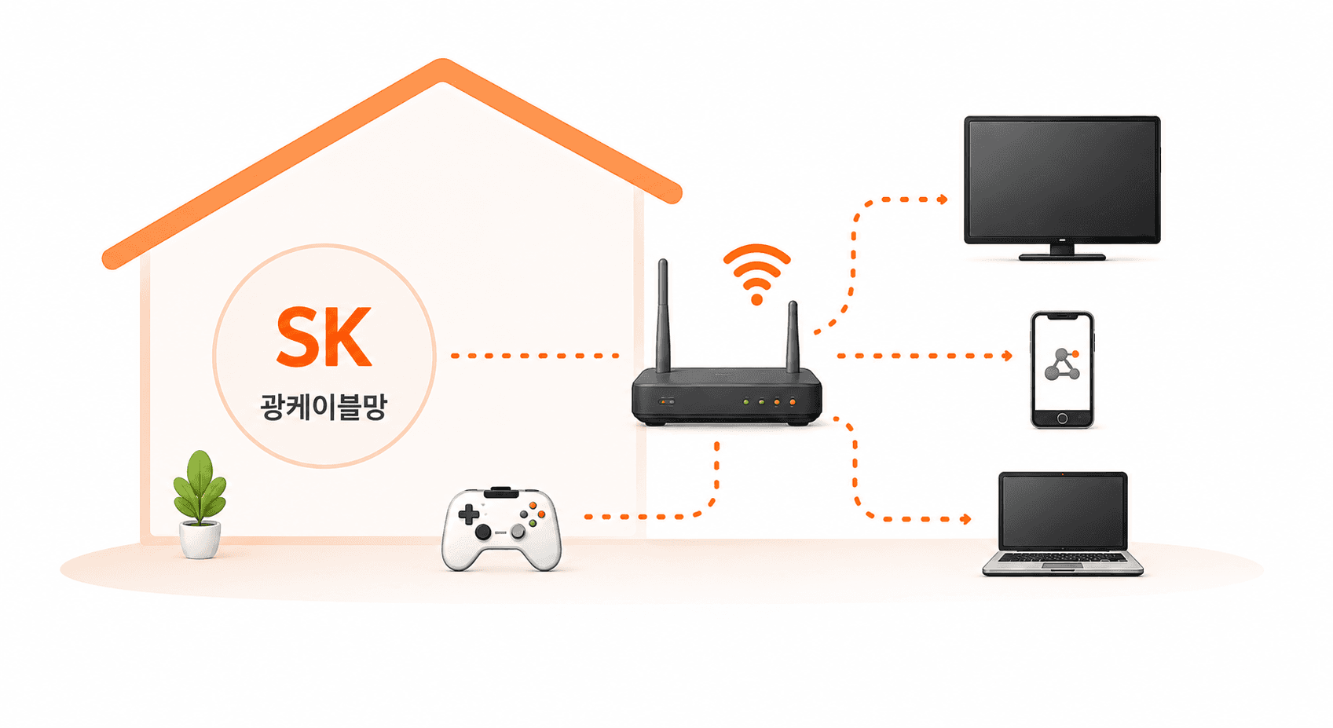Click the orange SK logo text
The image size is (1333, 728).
(x=324, y=336)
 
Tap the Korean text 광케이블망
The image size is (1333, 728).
(x=324, y=407)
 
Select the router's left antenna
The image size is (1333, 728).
(x=663, y=315)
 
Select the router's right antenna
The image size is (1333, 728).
(x=793, y=337)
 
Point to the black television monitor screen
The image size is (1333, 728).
(x=1062, y=179)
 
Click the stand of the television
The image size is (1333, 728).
(x=1062, y=252)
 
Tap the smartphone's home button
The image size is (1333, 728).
(x=1062, y=419)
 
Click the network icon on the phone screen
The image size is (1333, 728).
(x=1062, y=364)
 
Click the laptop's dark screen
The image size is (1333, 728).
(x=1062, y=511)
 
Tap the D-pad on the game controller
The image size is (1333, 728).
(x=468, y=514)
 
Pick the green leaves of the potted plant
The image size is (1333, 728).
(x=200, y=487)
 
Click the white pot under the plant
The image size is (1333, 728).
(x=200, y=540)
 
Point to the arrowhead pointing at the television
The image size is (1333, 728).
(x=943, y=199)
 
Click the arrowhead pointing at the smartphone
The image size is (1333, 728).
(x=1007, y=356)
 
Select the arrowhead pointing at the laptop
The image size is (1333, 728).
(x=965, y=519)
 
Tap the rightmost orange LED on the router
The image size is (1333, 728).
(x=792, y=402)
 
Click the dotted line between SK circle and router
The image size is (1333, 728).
(x=534, y=356)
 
